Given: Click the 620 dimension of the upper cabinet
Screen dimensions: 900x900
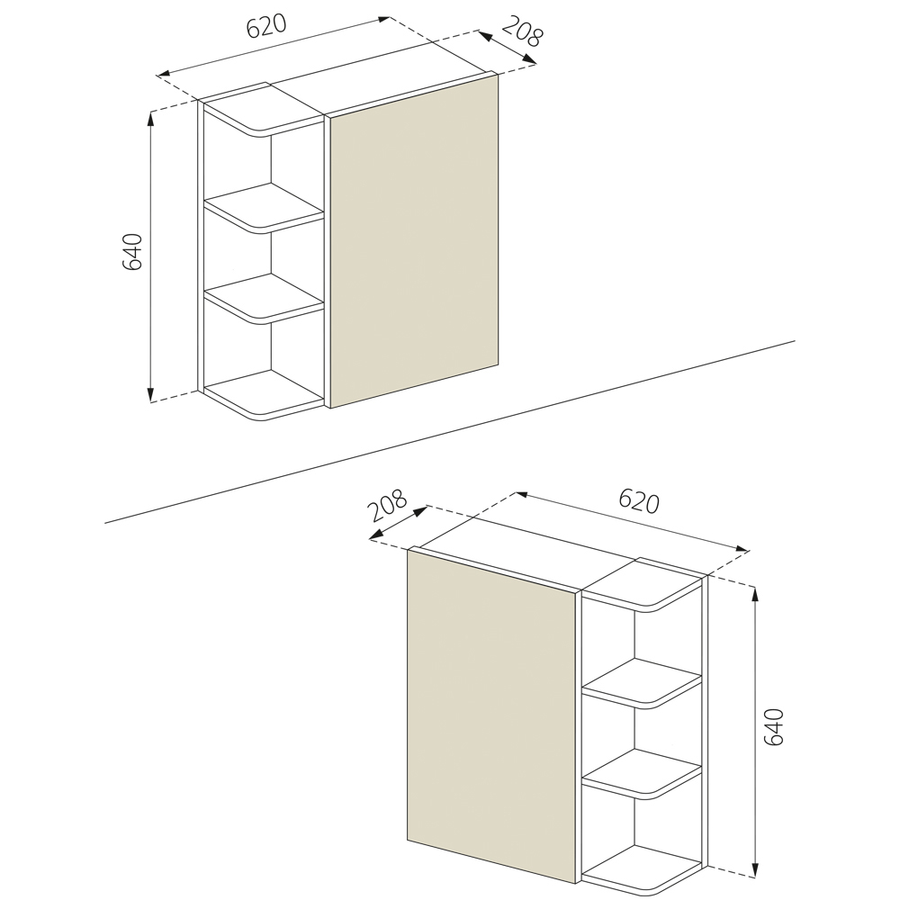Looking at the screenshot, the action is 265,26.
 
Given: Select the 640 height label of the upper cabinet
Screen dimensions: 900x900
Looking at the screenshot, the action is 132,251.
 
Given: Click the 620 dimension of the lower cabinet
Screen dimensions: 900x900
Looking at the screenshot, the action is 639,501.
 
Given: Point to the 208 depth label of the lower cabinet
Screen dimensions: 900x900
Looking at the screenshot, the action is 386,505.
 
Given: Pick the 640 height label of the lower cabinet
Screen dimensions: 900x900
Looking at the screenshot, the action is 774,726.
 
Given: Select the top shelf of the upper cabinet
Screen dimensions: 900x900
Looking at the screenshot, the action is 264,112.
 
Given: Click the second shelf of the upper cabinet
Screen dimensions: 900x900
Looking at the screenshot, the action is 264,208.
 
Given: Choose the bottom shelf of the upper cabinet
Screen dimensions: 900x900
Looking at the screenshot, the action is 264,395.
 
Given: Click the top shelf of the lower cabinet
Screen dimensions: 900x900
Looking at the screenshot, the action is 643,586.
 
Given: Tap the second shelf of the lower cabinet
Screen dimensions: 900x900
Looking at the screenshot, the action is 643,683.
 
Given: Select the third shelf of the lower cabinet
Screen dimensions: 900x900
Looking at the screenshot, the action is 643,774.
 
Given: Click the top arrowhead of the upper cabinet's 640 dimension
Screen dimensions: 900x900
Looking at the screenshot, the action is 150,118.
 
